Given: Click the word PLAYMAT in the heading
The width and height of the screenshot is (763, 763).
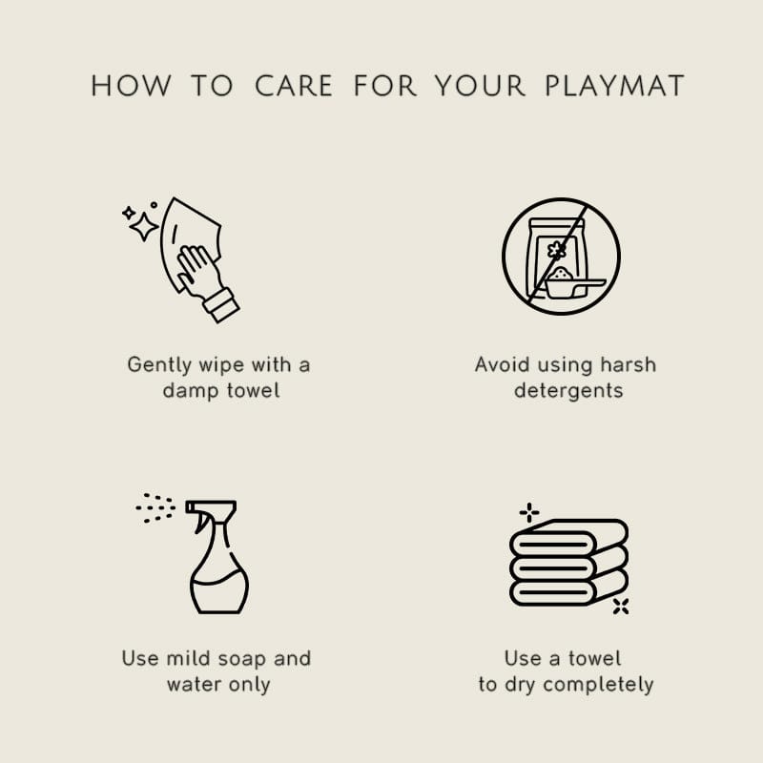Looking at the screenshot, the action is click(614, 86).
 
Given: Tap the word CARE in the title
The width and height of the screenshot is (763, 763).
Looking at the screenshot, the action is click(294, 86).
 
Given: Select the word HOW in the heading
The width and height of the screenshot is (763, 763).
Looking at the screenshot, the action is click(131, 86).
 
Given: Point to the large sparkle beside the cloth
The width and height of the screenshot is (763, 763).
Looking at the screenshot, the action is click(144, 227).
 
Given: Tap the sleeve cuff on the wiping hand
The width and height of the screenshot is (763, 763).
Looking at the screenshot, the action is click(221, 304).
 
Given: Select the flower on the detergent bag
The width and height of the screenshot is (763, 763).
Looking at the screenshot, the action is click(557, 250).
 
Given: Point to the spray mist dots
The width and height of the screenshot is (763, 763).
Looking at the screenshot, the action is click(155, 508).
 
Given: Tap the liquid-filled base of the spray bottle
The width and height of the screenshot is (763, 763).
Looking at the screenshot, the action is click(219, 591).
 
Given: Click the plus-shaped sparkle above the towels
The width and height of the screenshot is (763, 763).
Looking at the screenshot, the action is click(529, 512).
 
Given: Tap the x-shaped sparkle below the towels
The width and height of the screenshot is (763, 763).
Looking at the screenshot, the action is click(621, 607).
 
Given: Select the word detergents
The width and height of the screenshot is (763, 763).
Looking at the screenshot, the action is click(568, 390).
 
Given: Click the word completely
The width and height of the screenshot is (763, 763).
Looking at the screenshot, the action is click(598, 685).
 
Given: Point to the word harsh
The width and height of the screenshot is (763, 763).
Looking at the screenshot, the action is click(628, 364).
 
